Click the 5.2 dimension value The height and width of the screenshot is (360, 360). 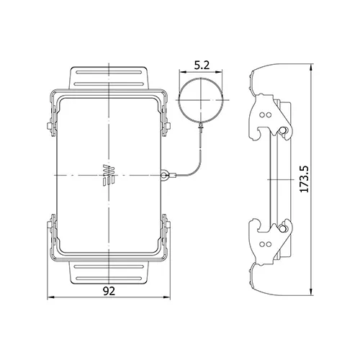202,66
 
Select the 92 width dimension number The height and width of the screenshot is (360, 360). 109,291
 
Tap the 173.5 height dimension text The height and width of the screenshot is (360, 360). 305,179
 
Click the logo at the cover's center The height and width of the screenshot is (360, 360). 109,175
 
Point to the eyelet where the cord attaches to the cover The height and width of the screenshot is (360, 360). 164,175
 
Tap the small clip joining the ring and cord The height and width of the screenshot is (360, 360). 201,126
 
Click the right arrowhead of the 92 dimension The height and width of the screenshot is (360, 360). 167,297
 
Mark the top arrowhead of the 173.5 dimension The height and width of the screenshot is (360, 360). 311,67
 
